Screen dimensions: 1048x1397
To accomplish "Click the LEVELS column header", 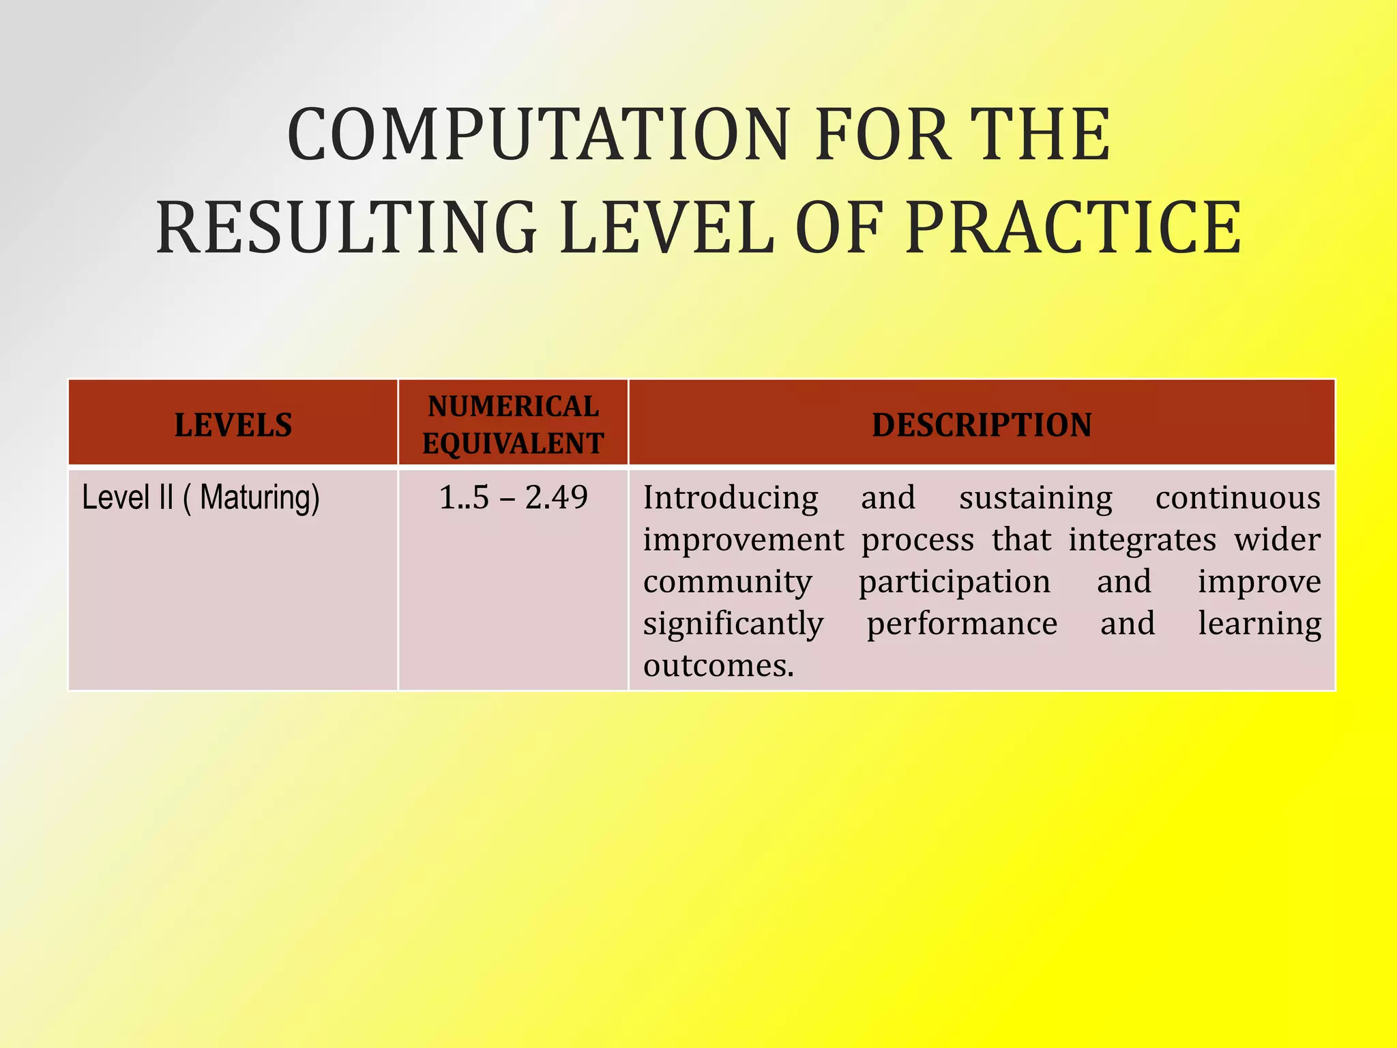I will [x=233, y=425].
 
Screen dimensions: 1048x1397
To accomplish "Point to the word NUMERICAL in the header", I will [x=513, y=407].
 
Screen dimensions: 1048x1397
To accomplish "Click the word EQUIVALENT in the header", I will [x=513, y=443].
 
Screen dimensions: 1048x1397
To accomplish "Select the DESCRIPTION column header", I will [x=982, y=425].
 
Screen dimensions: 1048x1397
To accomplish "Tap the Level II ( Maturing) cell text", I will [x=201, y=497].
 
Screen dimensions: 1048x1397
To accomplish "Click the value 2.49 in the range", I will [x=556, y=497].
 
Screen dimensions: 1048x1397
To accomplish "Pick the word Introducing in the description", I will [x=731, y=497].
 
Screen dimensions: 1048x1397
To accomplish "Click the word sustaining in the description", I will [x=1035, y=497].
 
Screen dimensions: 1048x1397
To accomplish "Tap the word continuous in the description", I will [x=1237, y=497].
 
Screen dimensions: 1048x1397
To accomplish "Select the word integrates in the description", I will [x=1142, y=540].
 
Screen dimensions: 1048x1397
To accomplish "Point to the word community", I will [x=727, y=581].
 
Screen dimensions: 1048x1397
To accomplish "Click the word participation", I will [x=954, y=583].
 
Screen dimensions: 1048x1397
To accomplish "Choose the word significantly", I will [x=733, y=624].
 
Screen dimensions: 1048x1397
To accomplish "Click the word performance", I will [x=962, y=624].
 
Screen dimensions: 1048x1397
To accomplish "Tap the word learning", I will [x=1259, y=624].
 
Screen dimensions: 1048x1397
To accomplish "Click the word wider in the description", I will [x=1277, y=540].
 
